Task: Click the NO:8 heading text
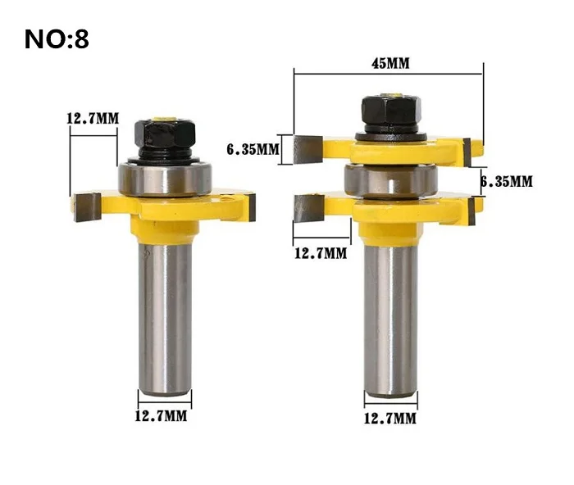pos(57,39)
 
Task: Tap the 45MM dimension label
pos(390,63)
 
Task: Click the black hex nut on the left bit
pos(165,134)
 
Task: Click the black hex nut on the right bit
pos(391,109)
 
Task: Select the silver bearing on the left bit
pos(165,179)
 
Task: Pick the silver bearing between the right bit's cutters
pos(391,181)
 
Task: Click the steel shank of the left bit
pos(165,318)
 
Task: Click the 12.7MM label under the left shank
pos(161,416)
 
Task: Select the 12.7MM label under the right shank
pos(389,418)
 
